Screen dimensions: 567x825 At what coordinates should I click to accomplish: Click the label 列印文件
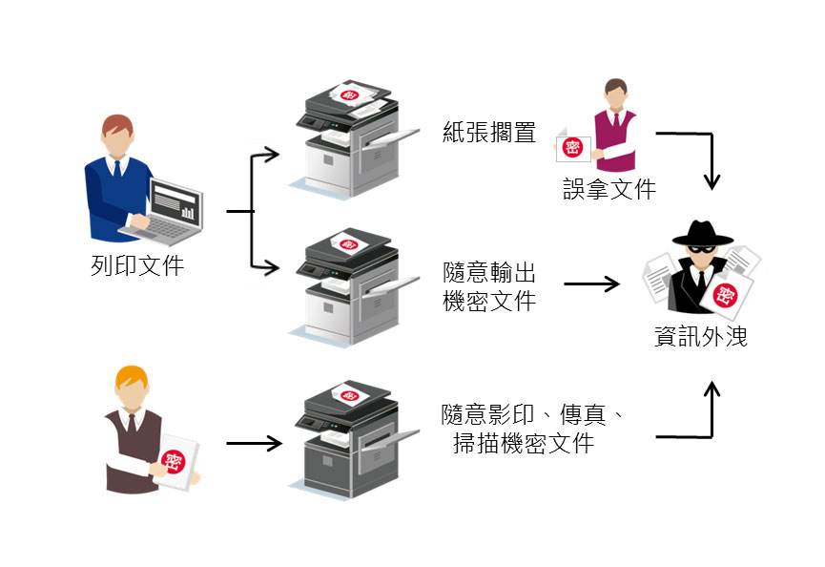tap(136, 265)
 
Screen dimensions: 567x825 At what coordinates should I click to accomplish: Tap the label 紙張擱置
tap(488, 132)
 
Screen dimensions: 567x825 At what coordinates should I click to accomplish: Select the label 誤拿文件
tap(608, 189)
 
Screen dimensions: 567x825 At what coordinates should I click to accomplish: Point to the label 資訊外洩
tap(700, 337)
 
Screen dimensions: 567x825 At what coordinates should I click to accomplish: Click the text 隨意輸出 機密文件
tap(489, 286)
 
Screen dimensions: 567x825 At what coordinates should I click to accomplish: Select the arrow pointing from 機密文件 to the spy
tap(591, 284)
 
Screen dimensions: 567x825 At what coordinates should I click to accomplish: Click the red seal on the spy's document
tap(728, 295)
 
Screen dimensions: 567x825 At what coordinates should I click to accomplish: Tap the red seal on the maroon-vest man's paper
tap(572, 146)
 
